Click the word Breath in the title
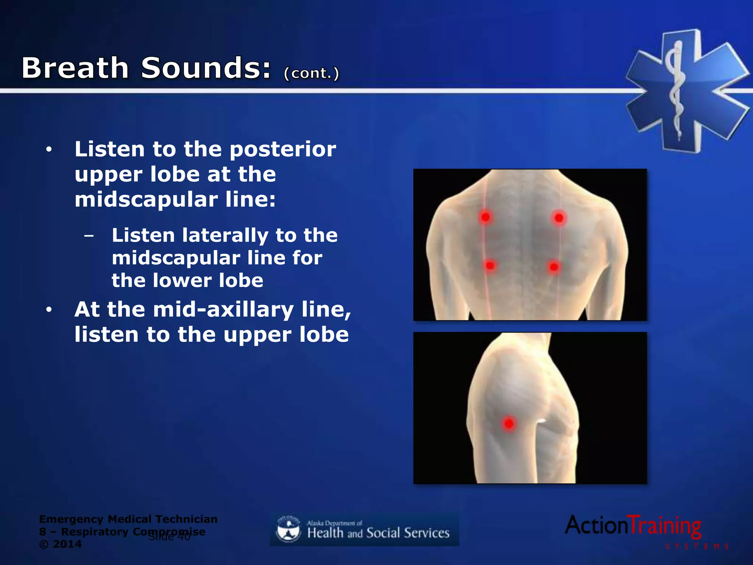coord(75,68)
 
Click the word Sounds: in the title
coord(206,68)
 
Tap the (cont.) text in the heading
coord(311,73)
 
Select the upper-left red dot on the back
coord(485,217)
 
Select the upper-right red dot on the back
coord(559,218)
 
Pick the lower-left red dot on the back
coord(490,265)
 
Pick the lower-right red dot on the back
coord(554,267)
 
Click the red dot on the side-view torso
coord(509,423)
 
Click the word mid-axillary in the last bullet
coord(223,310)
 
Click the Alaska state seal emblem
coord(288,529)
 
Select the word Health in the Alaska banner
coord(325,533)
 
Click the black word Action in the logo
coord(596,525)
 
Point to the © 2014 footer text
coord(61,544)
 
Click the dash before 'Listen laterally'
coord(89,235)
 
